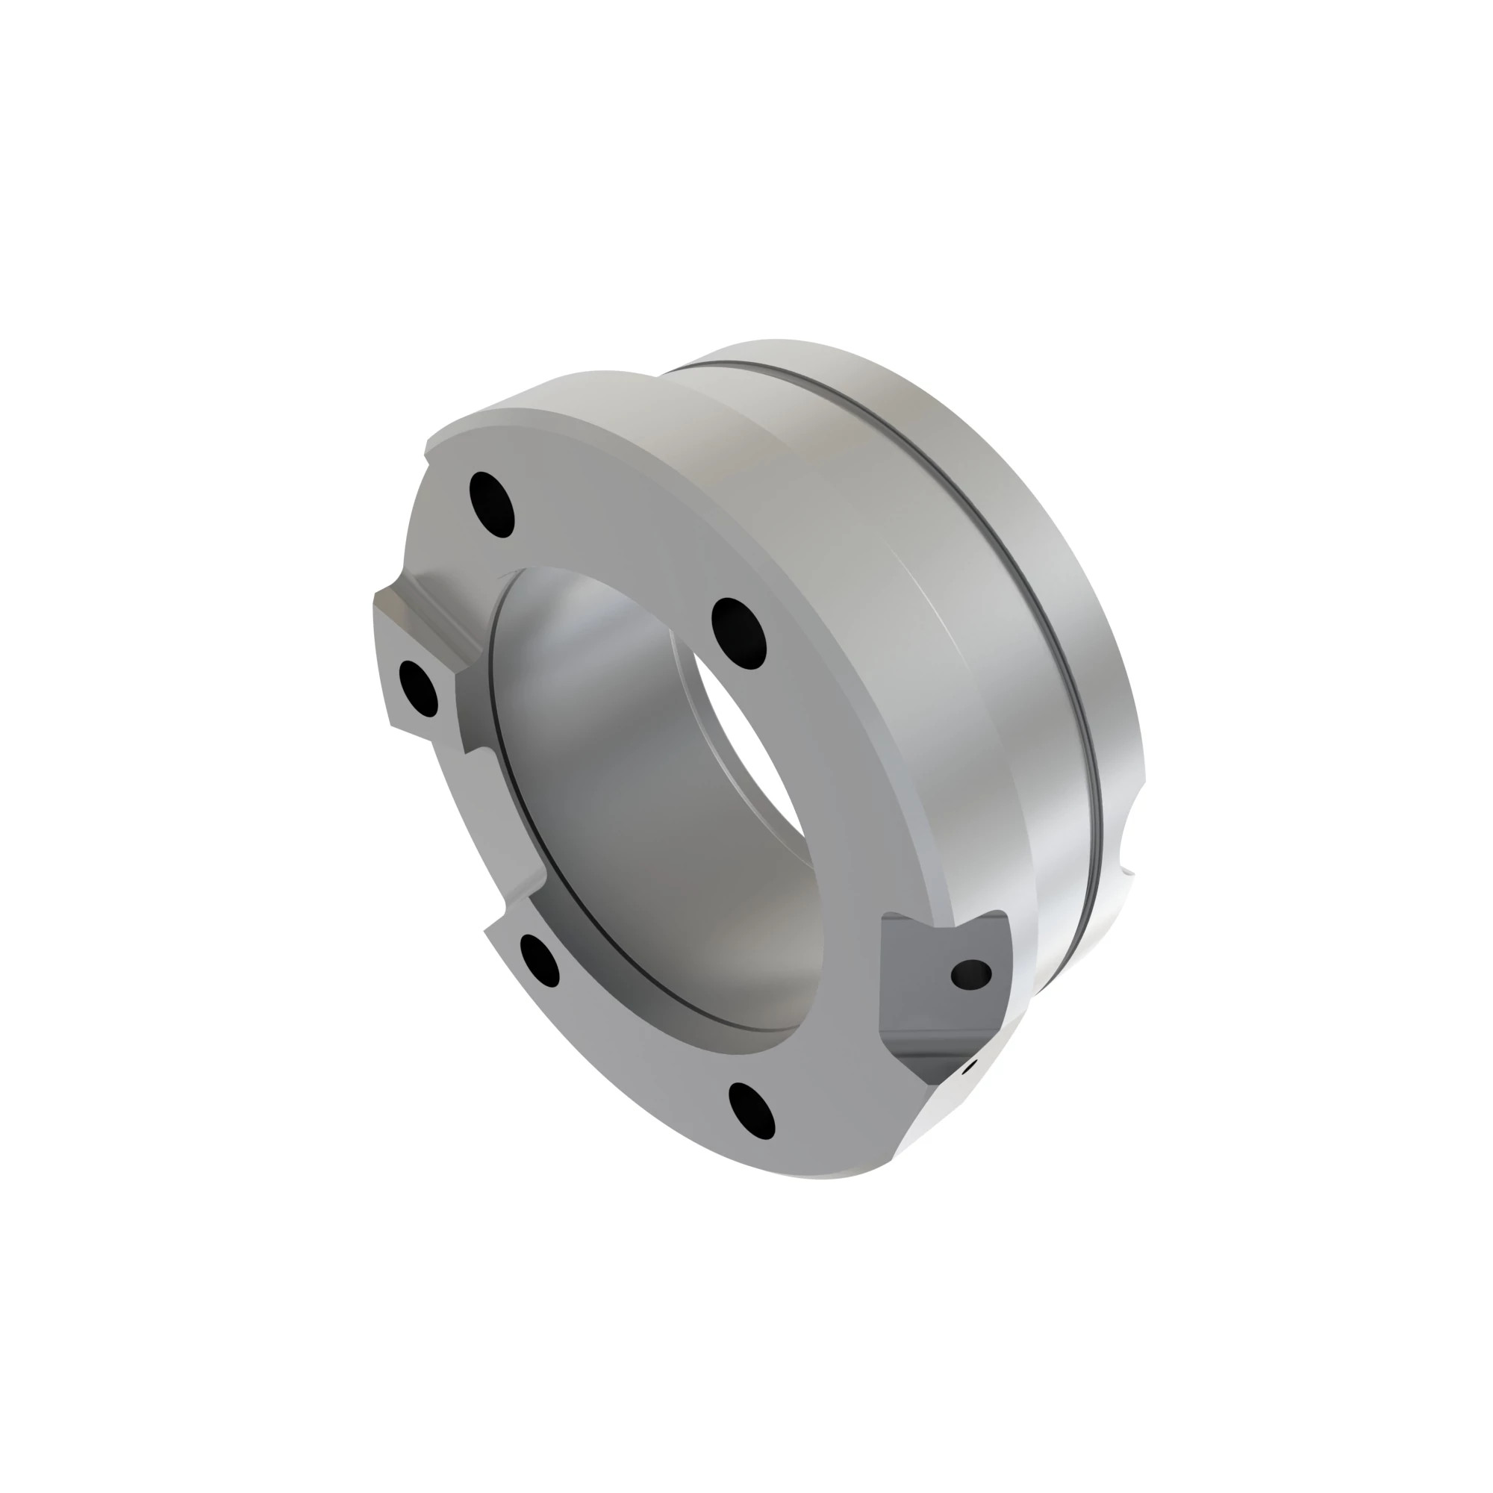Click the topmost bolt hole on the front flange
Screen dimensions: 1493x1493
[491, 505]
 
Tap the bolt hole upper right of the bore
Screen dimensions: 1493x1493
[738, 632]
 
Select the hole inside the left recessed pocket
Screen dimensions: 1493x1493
[418, 688]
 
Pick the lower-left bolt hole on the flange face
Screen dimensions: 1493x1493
[540, 960]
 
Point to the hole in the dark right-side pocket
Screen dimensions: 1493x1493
[970, 974]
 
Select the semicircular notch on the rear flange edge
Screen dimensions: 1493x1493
[1129, 838]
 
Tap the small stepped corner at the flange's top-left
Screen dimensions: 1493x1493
[427, 448]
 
